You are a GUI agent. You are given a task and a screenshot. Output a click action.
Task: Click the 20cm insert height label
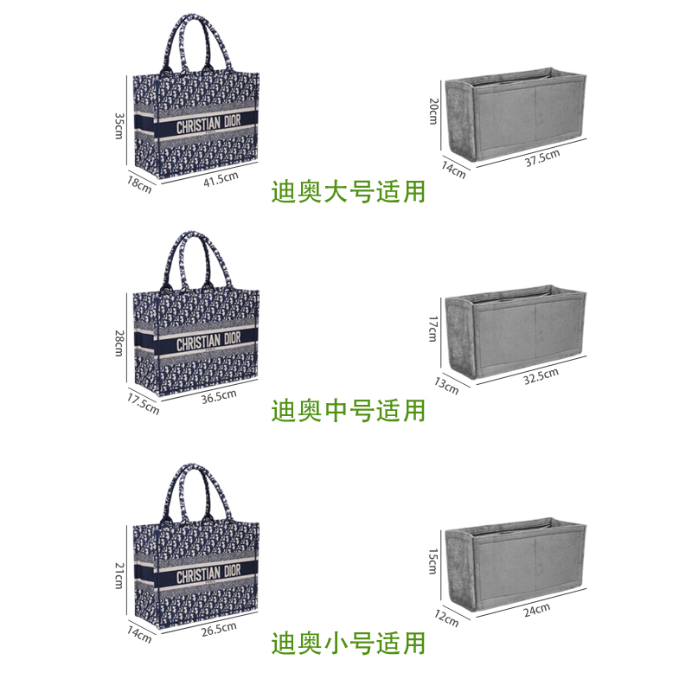coord(432,112)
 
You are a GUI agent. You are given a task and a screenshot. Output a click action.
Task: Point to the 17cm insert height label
coord(432,327)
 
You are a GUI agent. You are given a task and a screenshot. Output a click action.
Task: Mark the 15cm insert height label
coord(432,563)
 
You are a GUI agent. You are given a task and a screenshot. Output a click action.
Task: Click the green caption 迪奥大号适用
coord(349,190)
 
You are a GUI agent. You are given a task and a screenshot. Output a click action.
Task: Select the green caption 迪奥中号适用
coord(349,409)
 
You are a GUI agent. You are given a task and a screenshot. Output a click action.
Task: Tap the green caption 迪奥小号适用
coord(349,643)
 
